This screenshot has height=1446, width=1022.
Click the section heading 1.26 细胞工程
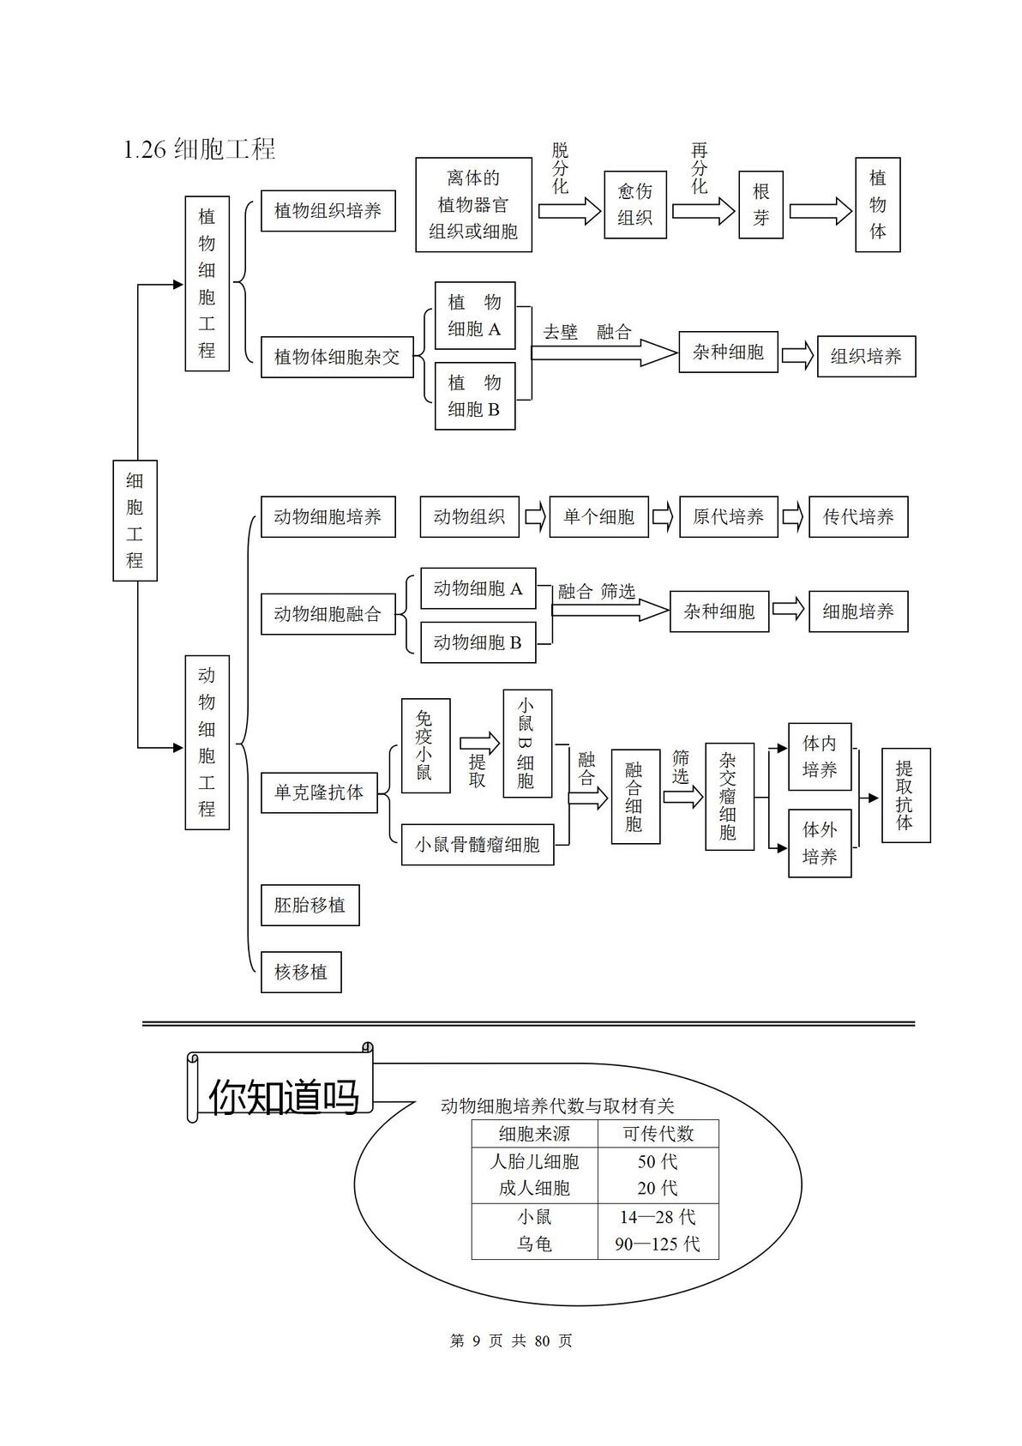[x=200, y=150]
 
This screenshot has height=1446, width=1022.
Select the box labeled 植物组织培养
[x=328, y=210]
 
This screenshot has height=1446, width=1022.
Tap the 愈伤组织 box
[x=634, y=205]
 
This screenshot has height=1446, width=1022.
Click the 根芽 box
[x=760, y=205]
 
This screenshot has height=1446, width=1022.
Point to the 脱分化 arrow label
[x=560, y=168]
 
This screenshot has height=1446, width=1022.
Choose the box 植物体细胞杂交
[x=337, y=356]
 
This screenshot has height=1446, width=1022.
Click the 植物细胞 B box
[x=475, y=395]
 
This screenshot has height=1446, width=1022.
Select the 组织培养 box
[x=866, y=356]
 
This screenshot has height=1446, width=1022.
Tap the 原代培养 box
[x=729, y=516]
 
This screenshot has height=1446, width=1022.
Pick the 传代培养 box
[x=858, y=516]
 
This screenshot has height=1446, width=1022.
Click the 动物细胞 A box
[x=478, y=588]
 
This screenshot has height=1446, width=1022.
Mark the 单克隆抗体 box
[x=319, y=792]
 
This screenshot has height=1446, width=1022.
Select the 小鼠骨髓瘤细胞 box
[x=478, y=845]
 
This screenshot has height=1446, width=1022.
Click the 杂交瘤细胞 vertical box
[x=729, y=796]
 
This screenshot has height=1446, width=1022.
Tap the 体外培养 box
[x=820, y=843]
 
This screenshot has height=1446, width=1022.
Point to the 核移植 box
[x=301, y=972]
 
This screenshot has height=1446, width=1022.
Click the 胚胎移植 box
[x=310, y=905]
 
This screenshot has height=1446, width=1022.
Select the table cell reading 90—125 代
[x=658, y=1244]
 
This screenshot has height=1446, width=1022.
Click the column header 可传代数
[x=658, y=1134]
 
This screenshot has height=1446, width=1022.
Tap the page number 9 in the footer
[x=476, y=1341]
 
